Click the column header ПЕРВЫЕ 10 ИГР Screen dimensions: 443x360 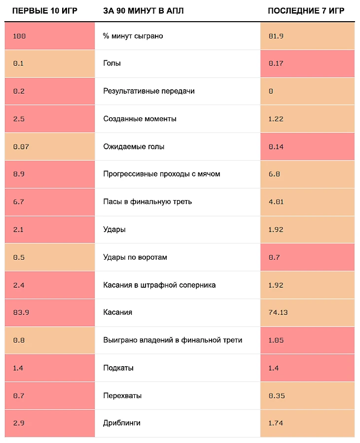click(45, 11)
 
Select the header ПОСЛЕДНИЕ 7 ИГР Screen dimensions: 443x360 click(306, 11)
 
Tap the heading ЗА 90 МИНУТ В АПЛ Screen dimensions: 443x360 click(143, 11)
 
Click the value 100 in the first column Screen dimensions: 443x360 click(19, 36)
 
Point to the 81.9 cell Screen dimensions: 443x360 click(276, 36)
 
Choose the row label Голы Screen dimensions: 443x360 click(112, 64)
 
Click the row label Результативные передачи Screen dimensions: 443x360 click(149, 91)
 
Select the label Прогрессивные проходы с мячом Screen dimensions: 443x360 click(161, 174)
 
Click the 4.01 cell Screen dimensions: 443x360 click(276, 202)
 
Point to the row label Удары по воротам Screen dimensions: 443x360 click(135, 257)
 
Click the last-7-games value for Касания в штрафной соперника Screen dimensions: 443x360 click(276, 285)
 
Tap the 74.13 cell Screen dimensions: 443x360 click(278, 312)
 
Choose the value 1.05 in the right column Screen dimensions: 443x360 click(276, 340)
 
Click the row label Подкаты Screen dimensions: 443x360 click(118, 368)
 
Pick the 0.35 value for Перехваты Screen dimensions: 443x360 click(276, 396)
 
